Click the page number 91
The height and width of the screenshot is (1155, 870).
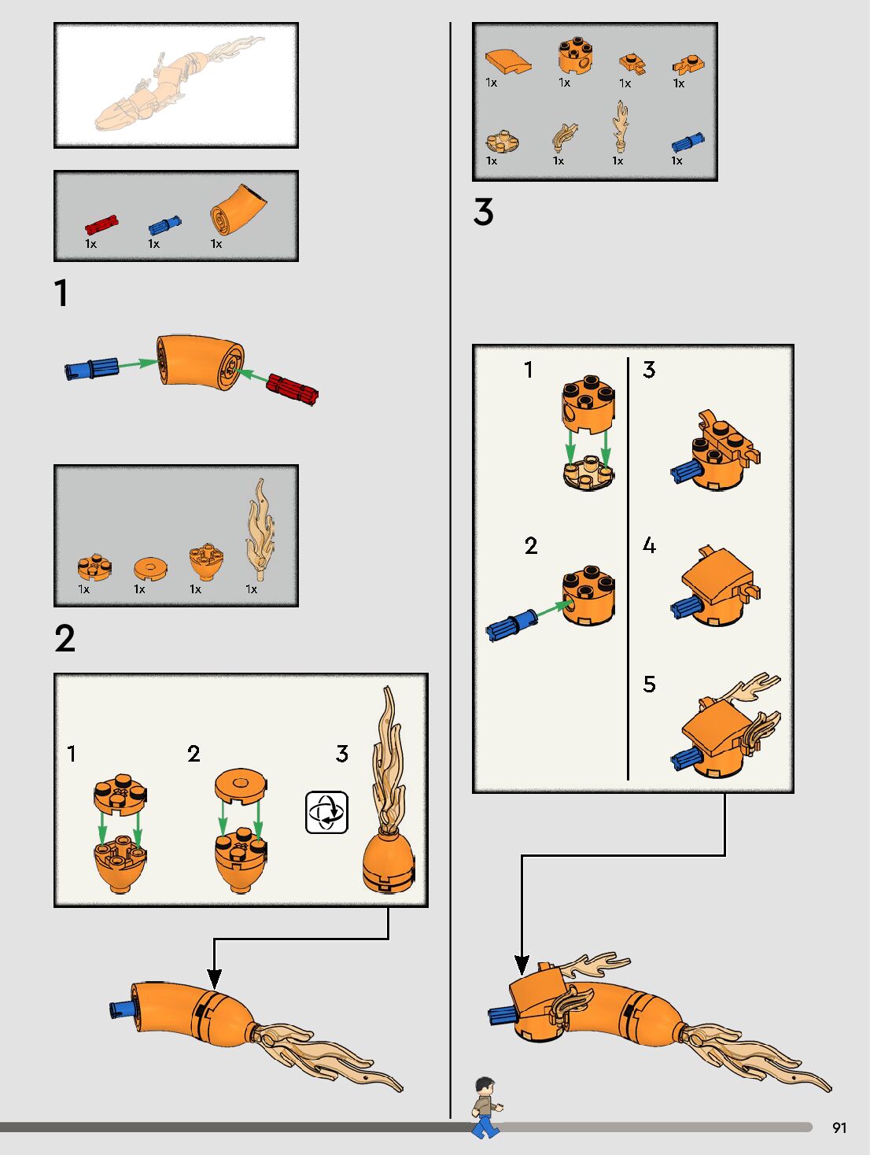tap(839, 1127)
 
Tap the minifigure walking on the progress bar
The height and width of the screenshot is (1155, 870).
tap(486, 1107)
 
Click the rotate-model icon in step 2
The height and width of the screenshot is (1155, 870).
tap(326, 812)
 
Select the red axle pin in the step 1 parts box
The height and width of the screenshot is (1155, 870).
tap(101, 225)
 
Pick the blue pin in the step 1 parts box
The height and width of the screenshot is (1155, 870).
tap(164, 225)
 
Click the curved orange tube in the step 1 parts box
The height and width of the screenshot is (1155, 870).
tap(238, 210)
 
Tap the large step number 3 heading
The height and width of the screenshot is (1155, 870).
tap(484, 212)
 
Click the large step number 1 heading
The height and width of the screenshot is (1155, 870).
tap(61, 293)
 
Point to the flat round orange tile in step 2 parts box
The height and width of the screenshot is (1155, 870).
tap(150, 569)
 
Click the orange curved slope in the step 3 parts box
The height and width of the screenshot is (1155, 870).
tap(507, 61)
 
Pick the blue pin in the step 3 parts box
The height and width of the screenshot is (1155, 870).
tap(688, 142)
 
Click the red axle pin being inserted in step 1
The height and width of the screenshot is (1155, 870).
tap(292, 389)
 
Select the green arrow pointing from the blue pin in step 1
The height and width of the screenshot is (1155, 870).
tap(138, 363)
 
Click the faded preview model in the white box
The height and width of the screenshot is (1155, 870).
tap(179, 83)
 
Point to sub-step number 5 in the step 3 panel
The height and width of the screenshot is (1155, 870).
tap(650, 684)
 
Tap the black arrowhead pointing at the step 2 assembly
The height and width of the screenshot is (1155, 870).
tap(214, 980)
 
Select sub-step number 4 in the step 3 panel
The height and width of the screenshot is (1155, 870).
tap(650, 545)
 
